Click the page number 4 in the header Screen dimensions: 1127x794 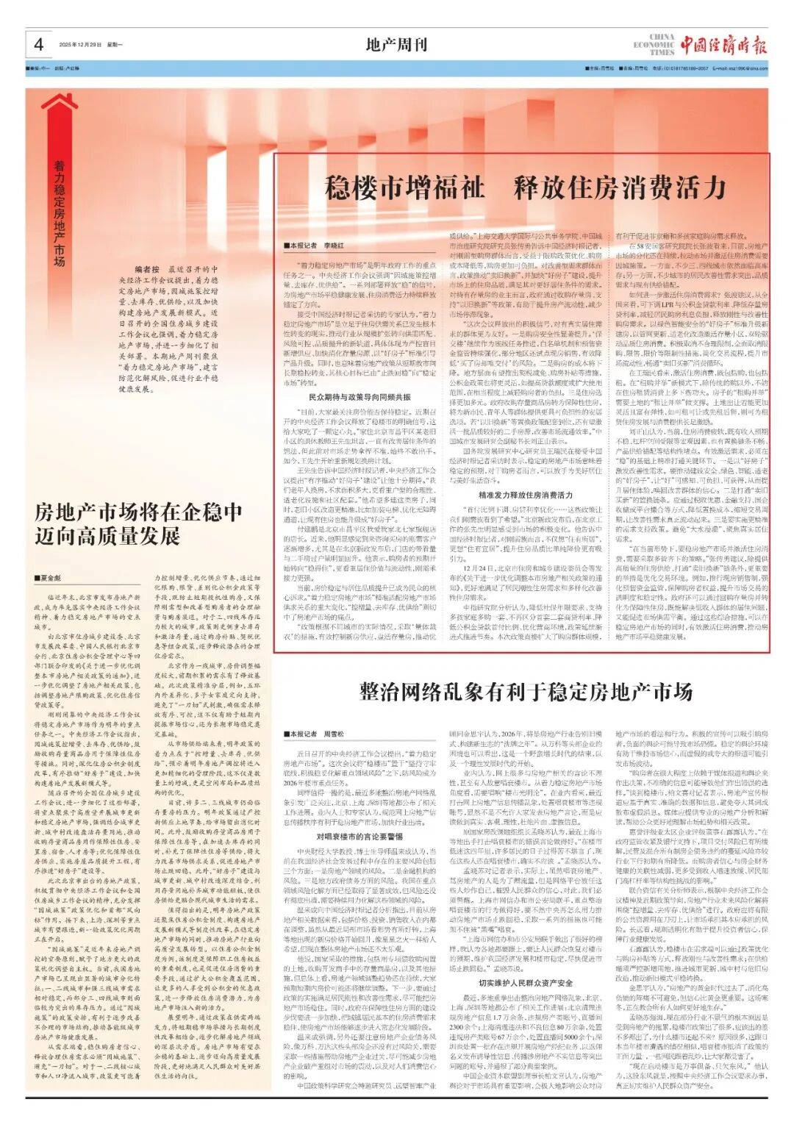pos(38,46)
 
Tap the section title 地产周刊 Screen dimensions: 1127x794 pos(396,46)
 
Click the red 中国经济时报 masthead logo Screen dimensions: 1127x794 pos(723,46)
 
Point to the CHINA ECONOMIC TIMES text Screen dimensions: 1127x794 pos(653,45)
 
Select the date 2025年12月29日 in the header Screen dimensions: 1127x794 pos(81,46)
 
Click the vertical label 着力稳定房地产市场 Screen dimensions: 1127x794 pos(59,214)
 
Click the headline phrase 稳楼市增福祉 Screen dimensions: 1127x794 pos(405,188)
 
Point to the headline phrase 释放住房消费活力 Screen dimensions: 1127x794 pos(620,188)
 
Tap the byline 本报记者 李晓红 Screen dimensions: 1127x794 pos(317,246)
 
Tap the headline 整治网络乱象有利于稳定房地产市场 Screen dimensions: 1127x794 pos(526,692)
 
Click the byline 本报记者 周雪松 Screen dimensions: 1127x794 pos(317,734)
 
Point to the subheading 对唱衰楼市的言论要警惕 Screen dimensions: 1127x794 pos(360,836)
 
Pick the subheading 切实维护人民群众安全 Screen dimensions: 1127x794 pos(526,983)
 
